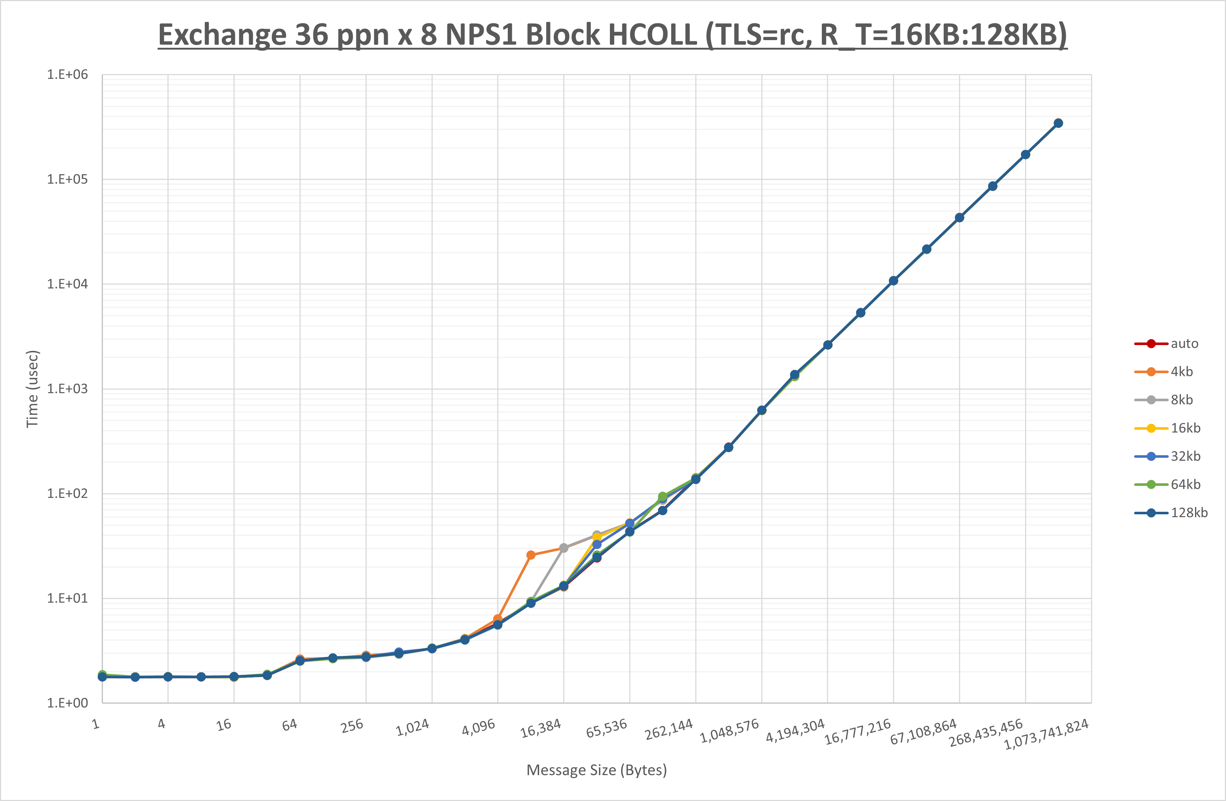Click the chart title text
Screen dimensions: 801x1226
pos(612,35)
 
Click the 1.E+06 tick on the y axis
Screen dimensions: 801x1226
pos(67,75)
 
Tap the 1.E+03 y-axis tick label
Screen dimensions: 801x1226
pos(67,389)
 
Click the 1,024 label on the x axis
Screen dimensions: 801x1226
pos(413,727)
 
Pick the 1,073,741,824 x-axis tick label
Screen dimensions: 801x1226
pos(1047,734)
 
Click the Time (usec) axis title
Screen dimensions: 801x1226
pos(32,389)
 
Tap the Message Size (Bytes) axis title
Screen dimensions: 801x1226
pos(596,770)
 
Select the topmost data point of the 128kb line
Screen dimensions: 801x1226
pos(1058,123)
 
